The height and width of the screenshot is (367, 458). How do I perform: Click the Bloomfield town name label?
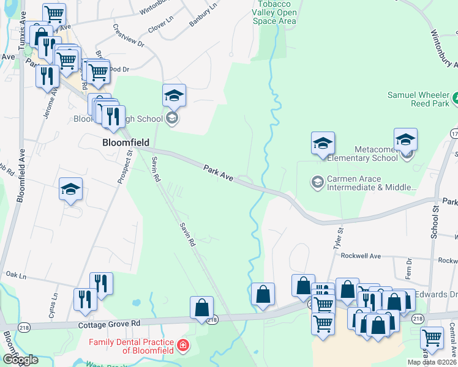pos(125,142)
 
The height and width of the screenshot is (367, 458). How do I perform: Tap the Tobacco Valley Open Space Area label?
pos(274,13)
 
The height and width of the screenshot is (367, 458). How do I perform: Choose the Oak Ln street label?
pos(16,275)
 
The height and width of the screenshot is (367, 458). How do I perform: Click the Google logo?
pos(20,360)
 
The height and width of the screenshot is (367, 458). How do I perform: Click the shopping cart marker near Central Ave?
pos(432,337)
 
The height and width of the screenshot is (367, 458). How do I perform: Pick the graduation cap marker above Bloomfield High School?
pos(174,95)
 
